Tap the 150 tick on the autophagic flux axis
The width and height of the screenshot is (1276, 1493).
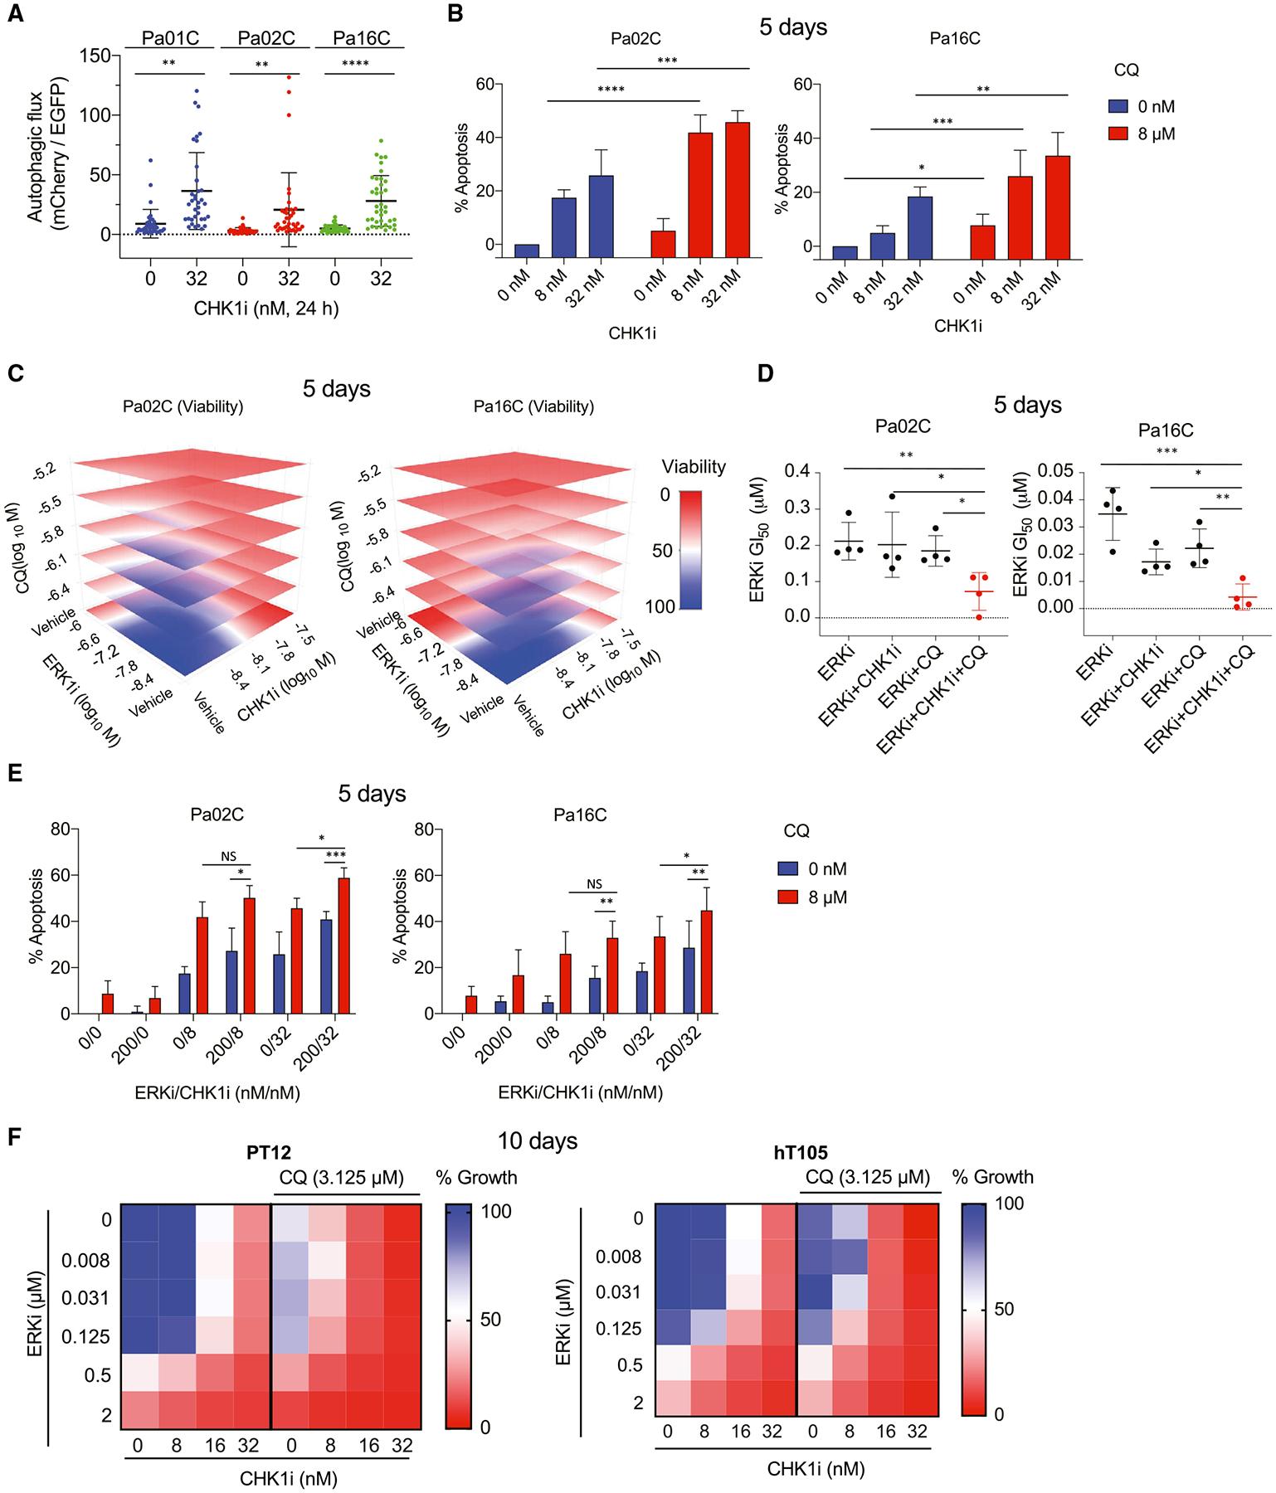[x=100, y=55]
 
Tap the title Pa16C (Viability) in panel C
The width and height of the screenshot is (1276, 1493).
[x=533, y=406]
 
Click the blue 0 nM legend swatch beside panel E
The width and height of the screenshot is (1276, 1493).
[x=787, y=869]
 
